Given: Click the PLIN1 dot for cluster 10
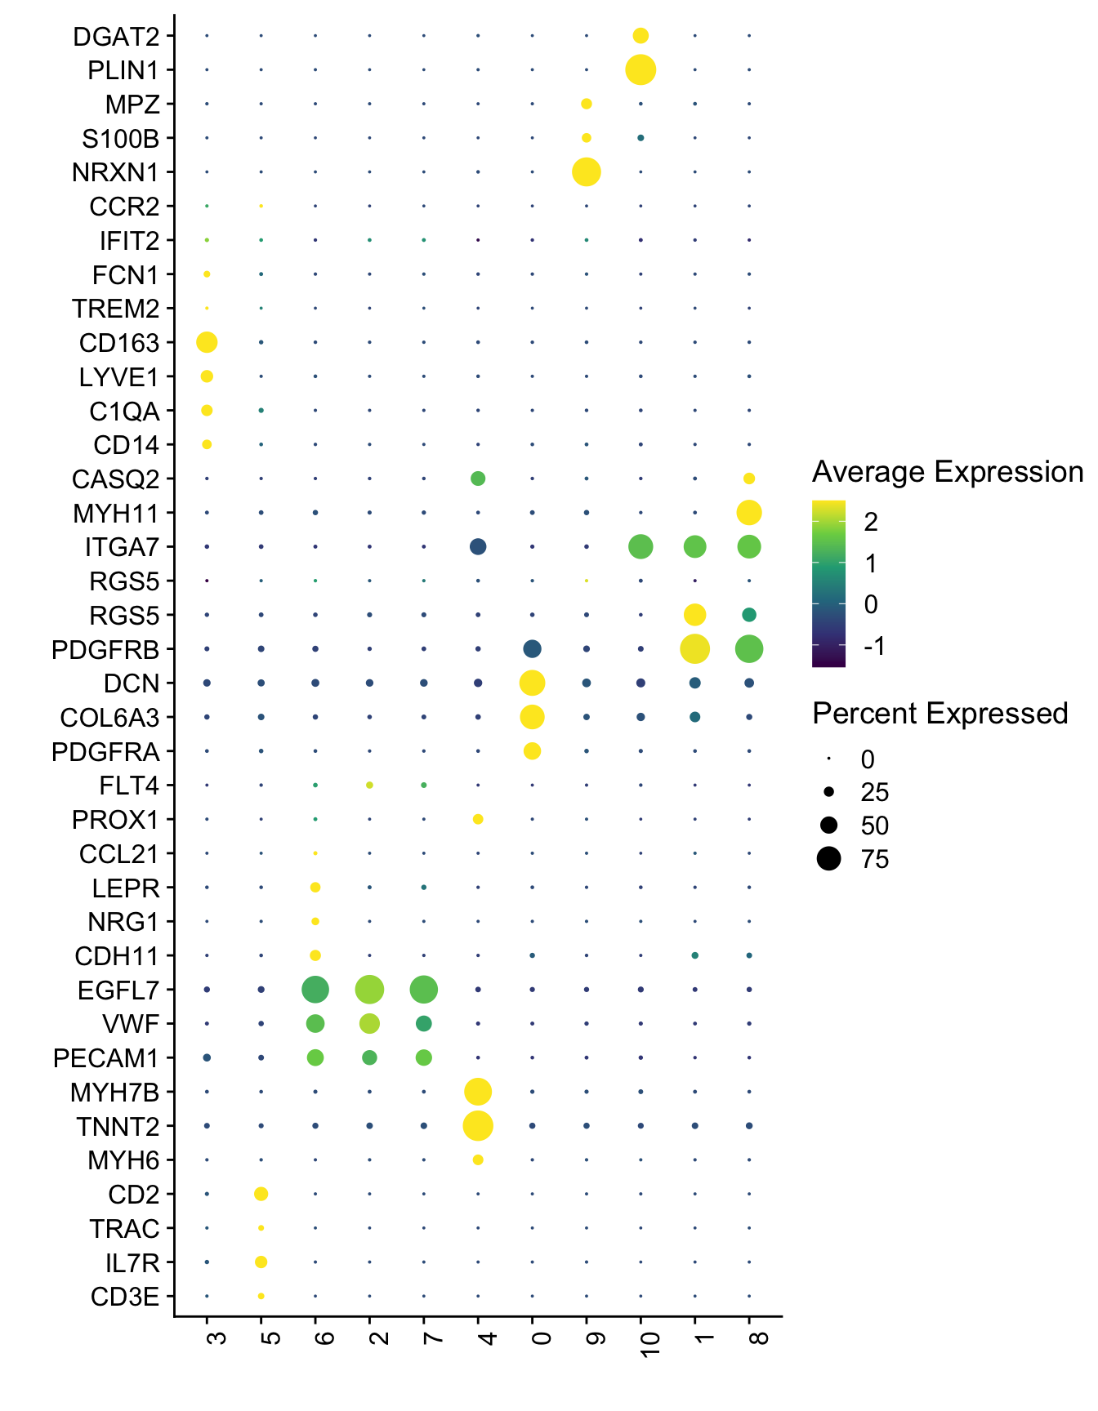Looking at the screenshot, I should pos(640,70).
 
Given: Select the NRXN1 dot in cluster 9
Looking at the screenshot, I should pos(587,172).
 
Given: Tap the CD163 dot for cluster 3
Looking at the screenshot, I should pos(207,342).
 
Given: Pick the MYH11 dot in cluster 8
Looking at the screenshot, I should pos(749,513).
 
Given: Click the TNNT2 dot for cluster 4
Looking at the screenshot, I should pos(478,1126).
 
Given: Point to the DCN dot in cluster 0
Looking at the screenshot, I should pos(532,683).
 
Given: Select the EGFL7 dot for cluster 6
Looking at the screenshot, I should pos(315,990).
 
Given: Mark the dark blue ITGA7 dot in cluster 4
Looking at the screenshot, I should pos(478,547).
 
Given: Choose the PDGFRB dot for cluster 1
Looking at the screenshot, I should pos(694,649).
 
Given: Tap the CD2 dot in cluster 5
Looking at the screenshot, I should pos(261,1194).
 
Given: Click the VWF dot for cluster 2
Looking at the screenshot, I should pos(369,1023).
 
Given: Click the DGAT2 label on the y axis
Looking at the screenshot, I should pos(116,37).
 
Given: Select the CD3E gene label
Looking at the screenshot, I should pos(125,1297).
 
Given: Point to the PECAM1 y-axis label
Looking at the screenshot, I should pos(106,1058).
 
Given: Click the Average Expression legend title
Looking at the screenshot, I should pos(948,472).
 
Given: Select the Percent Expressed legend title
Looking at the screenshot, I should pos(940,714).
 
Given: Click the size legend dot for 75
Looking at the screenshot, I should pos(828,859).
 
